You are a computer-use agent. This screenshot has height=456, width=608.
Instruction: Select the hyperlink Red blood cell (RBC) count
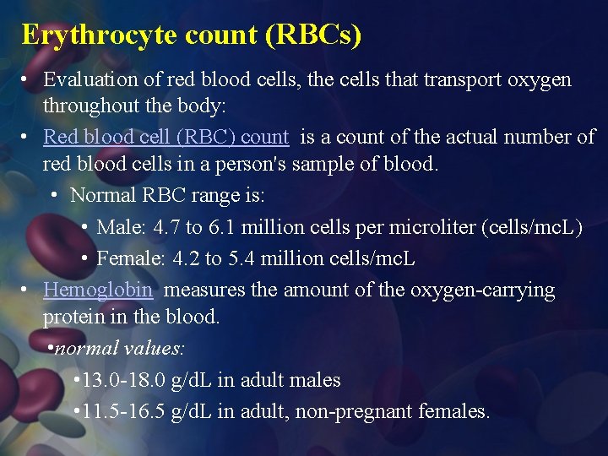click(166, 137)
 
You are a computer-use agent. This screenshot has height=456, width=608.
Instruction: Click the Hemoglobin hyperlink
click(98, 290)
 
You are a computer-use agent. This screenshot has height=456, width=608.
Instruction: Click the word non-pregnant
click(362, 412)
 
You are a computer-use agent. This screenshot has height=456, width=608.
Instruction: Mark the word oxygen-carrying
click(482, 290)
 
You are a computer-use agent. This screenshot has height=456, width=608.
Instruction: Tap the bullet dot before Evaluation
click(27, 80)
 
